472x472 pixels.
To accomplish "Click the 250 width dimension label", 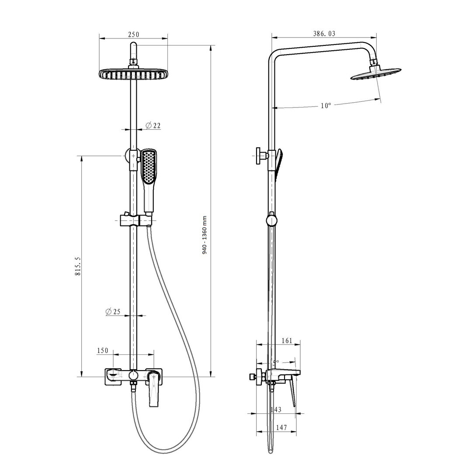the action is coord(134,35).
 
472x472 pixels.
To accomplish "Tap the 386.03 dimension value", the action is coord(324,33).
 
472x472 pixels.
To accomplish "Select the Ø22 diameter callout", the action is coord(153,125).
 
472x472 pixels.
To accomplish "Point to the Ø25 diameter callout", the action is coord(113,312).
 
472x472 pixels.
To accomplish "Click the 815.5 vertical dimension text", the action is coord(78,267).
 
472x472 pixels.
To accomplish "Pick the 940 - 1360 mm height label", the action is coord(205,235).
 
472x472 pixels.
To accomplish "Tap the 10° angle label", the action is coord(326,106).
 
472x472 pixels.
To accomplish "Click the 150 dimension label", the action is coord(103,351).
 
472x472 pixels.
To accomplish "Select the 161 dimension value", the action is coord(287,340).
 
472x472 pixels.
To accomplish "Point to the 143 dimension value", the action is coord(276,410).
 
